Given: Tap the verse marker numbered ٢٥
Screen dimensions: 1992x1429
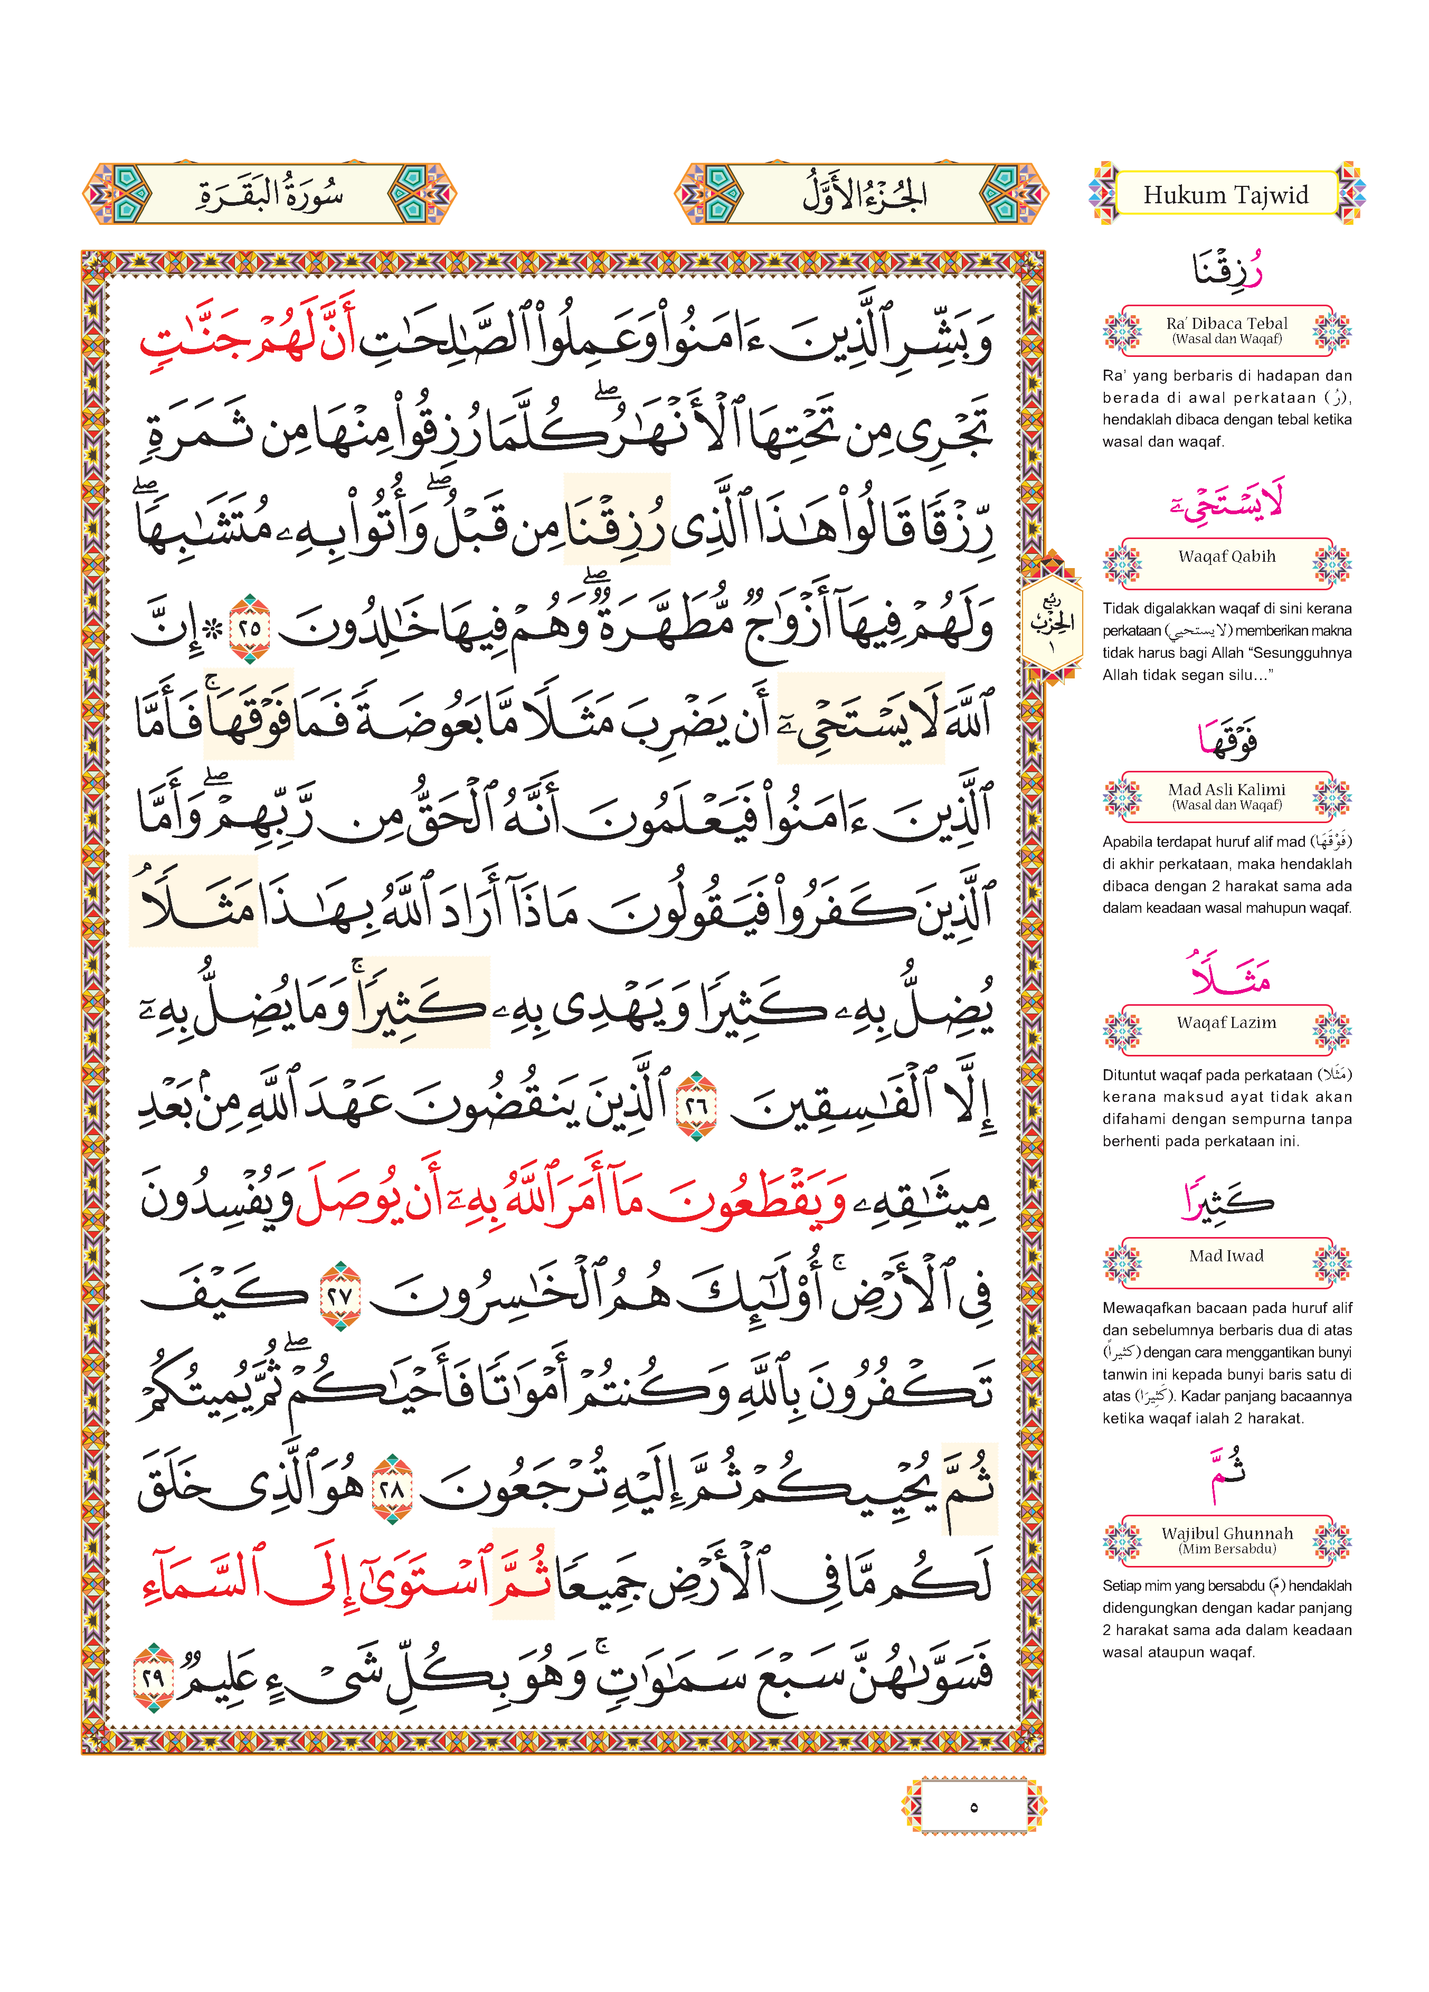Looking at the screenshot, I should (x=250, y=627).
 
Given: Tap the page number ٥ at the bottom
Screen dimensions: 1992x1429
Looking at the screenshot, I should (x=973, y=1806).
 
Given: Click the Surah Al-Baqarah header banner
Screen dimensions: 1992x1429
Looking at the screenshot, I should (x=270, y=193).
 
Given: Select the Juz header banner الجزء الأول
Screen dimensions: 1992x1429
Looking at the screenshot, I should (x=862, y=193).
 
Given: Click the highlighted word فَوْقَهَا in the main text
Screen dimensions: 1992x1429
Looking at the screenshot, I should (x=249, y=716).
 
